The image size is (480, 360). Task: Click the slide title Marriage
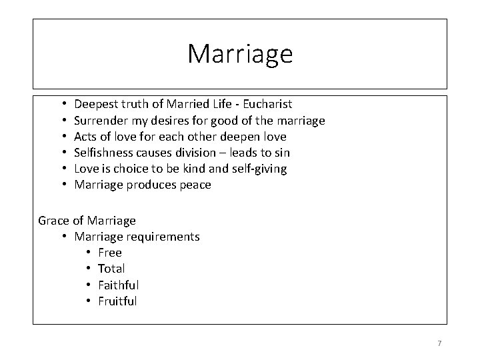(239, 54)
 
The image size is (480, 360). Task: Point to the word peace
(195, 185)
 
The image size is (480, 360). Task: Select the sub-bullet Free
(110, 253)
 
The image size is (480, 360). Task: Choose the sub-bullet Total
(111, 269)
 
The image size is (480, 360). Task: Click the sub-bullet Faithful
(118, 285)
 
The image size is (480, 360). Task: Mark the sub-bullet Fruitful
(117, 301)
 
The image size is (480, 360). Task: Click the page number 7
(439, 343)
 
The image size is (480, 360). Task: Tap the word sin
(281, 153)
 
